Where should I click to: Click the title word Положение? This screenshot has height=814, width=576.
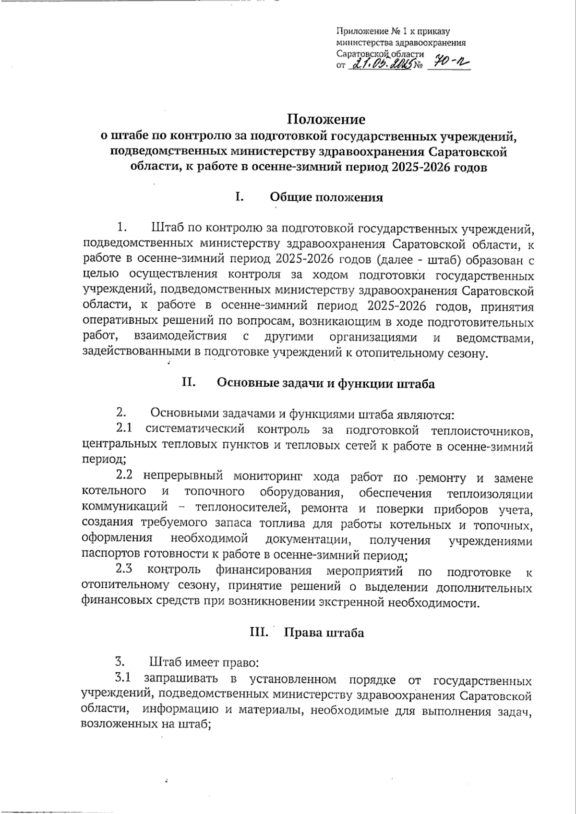(x=326, y=119)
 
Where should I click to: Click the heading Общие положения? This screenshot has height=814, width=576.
(x=326, y=197)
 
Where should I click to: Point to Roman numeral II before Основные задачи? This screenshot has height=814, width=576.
(x=188, y=383)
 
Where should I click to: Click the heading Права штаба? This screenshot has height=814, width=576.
(x=324, y=632)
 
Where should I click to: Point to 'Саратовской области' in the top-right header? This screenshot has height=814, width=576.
(x=380, y=53)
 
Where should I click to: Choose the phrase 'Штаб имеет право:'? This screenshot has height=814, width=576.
(x=204, y=663)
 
